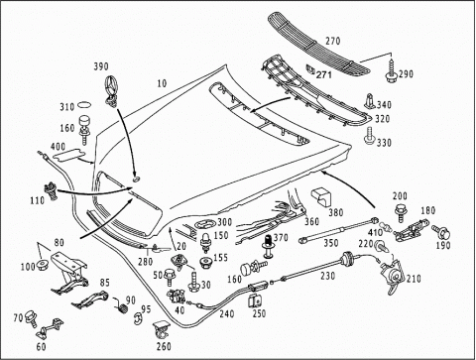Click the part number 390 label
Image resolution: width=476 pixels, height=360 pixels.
101,66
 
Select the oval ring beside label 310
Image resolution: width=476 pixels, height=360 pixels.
84,105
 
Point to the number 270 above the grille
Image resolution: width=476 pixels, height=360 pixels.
332,41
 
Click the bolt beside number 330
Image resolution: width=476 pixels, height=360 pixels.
370,136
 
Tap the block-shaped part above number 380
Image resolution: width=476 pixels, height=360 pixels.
321,197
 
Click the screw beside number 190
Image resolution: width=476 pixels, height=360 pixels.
441,232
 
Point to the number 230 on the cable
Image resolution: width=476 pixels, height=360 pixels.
327,276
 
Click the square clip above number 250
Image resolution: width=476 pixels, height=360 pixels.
254,300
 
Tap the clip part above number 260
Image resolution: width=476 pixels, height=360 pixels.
161,329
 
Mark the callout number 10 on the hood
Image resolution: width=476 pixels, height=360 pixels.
162,83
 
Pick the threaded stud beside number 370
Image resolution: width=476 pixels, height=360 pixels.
269,246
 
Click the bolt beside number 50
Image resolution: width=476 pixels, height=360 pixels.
169,277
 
